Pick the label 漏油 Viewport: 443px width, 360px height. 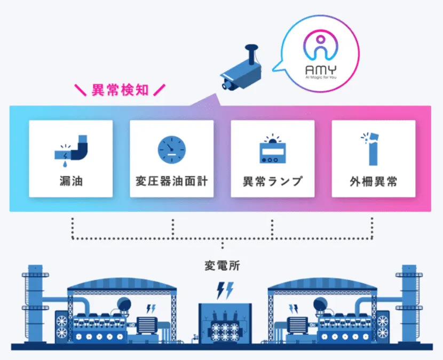70,181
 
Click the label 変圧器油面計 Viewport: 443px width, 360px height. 171,181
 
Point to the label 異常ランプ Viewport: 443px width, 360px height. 273,181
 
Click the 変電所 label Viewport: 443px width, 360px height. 222,265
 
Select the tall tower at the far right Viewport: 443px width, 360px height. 409,304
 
